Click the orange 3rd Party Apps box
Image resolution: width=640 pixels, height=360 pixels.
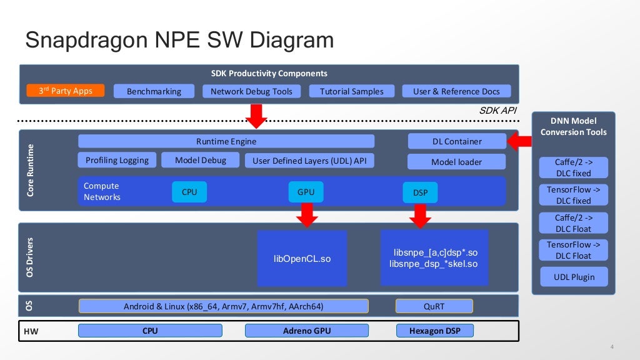coord(66,91)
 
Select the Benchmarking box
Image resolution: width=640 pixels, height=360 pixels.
coord(154,91)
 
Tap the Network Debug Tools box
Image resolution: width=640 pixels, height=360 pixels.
coord(251,91)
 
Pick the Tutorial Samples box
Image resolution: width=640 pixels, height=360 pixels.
coord(351,91)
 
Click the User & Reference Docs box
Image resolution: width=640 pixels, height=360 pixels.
coord(456,91)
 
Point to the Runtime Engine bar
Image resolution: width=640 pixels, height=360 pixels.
coord(226,141)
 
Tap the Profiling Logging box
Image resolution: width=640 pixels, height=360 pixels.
coord(117,160)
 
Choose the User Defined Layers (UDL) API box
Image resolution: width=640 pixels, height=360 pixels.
coord(309,161)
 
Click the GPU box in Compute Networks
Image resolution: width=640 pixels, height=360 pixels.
coord(306,192)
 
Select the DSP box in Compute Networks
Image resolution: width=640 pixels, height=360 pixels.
coord(420,192)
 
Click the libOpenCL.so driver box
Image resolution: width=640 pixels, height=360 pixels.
coord(302,258)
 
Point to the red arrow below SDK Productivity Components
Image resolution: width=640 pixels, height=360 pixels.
coord(256,115)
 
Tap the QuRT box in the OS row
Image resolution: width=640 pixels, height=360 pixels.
coord(434,306)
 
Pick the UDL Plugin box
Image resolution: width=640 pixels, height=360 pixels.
coord(573,277)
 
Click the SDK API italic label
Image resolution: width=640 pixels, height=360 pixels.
coord(498,111)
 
